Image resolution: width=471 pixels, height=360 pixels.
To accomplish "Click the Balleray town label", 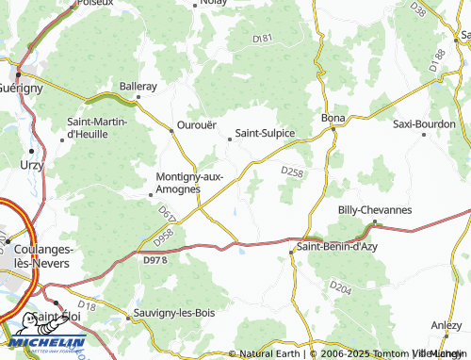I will [x=138, y=86].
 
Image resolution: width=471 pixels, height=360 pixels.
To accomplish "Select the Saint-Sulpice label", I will [x=265, y=133].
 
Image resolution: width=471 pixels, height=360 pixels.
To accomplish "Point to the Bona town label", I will [x=333, y=119].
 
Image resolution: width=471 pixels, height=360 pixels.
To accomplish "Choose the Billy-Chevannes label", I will [x=375, y=210].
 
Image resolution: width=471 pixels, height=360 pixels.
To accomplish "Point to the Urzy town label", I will [x=31, y=163].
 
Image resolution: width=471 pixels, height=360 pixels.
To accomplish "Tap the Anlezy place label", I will [x=446, y=324].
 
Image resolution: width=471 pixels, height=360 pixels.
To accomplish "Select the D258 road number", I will [x=293, y=172].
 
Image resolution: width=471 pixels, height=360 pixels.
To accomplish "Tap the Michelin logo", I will [x=44, y=345].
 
